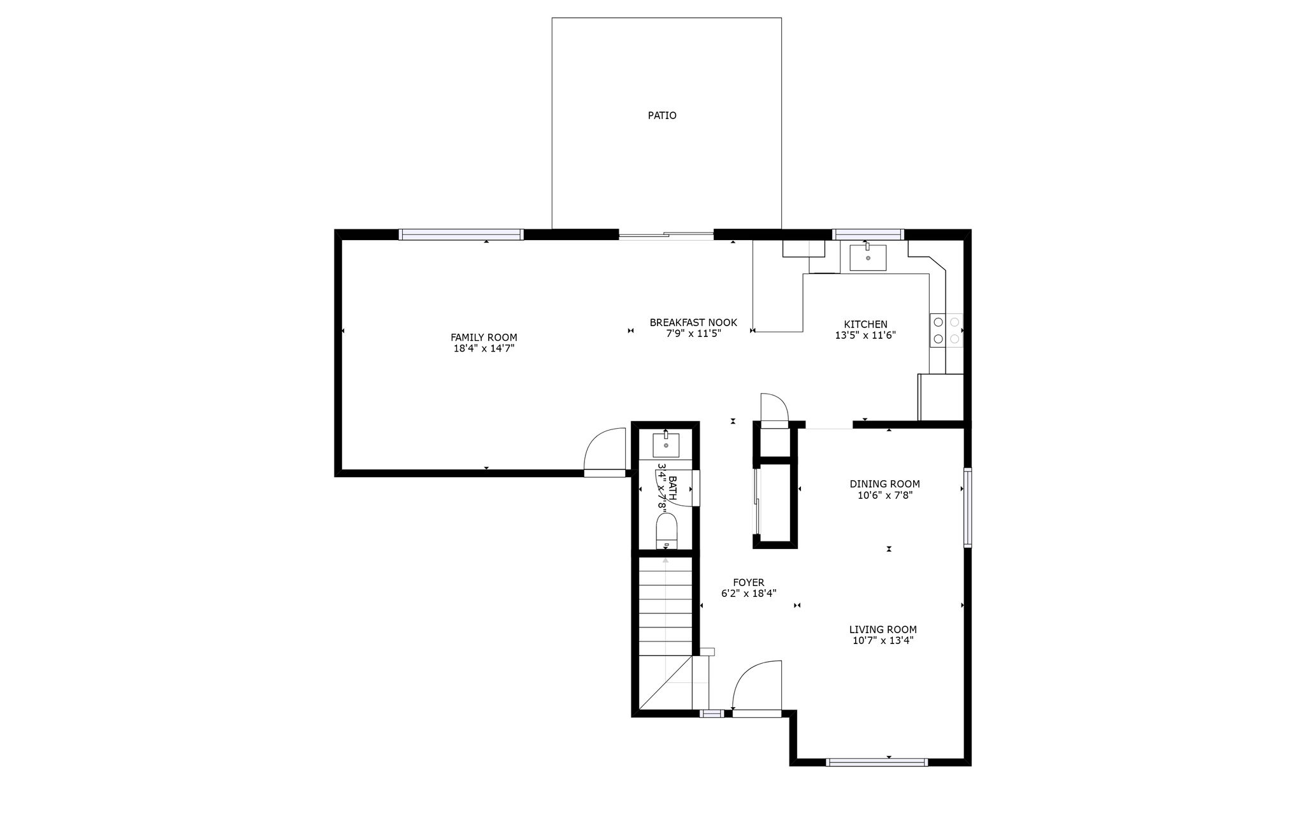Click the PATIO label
(x=662, y=116)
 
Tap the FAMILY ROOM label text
(x=484, y=338)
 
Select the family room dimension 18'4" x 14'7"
(x=484, y=349)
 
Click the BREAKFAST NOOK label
(x=693, y=323)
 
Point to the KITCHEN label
(x=865, y=325)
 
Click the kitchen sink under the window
(x=867, y=257)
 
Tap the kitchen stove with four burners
(x=946, y=331)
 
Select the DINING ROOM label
(x=884, y=484)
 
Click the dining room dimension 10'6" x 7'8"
(x=885, y=496)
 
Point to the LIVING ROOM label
(x=883, y=630)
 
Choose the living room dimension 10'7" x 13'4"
(x=883, y=641)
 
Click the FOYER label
(x=749, y=582)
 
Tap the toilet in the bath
(x=667, y=532)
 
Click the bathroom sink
(x=666, y=445)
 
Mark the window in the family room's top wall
(x=461, y=234)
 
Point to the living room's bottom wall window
(x=877, y=762)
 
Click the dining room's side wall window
(x=967, y=508)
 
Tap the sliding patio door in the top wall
(x=667, y=236)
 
